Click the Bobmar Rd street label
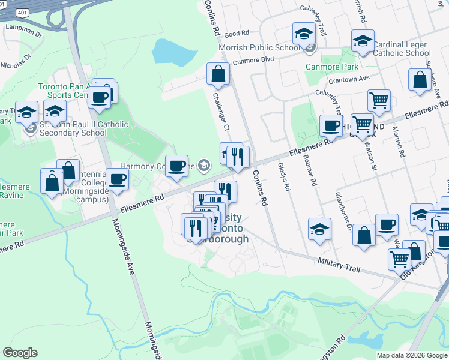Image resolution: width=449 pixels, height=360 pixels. click(311, 171)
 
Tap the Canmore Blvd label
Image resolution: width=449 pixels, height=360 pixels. click(254, 59)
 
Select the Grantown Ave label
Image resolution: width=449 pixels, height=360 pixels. click(348, 79)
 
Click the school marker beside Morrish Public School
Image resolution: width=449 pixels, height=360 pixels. click(304, 34)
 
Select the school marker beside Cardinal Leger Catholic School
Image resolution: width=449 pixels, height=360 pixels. click(363, 41)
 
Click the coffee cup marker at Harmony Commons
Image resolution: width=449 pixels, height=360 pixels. click(176, 166)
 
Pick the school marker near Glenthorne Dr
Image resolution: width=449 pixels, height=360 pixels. click(319, 229)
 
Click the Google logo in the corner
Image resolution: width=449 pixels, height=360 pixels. click(20, 353)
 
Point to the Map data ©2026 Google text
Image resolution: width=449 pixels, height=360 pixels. click(412, 355)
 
